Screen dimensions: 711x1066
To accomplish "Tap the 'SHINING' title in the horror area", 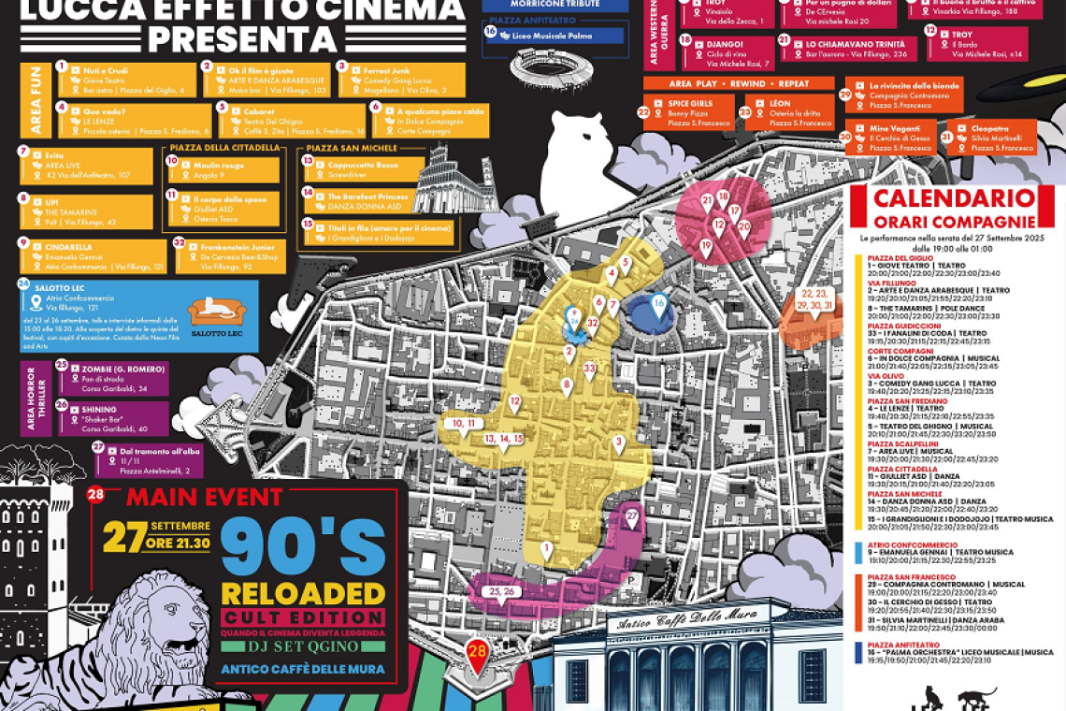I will coord(99,409).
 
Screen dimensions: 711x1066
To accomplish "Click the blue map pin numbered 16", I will coord(659,304).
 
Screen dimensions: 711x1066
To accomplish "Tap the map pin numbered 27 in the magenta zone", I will coord(631,516).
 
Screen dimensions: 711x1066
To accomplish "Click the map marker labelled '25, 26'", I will coord(497,592).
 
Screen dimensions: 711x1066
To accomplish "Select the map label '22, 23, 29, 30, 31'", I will coord(814,299).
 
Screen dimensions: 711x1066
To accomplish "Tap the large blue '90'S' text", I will coord(302,546).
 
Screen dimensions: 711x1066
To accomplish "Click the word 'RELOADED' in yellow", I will coord(302,593).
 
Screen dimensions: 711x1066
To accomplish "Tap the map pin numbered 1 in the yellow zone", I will coord(546,549).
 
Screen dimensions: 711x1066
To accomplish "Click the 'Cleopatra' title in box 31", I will coord(990,128).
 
